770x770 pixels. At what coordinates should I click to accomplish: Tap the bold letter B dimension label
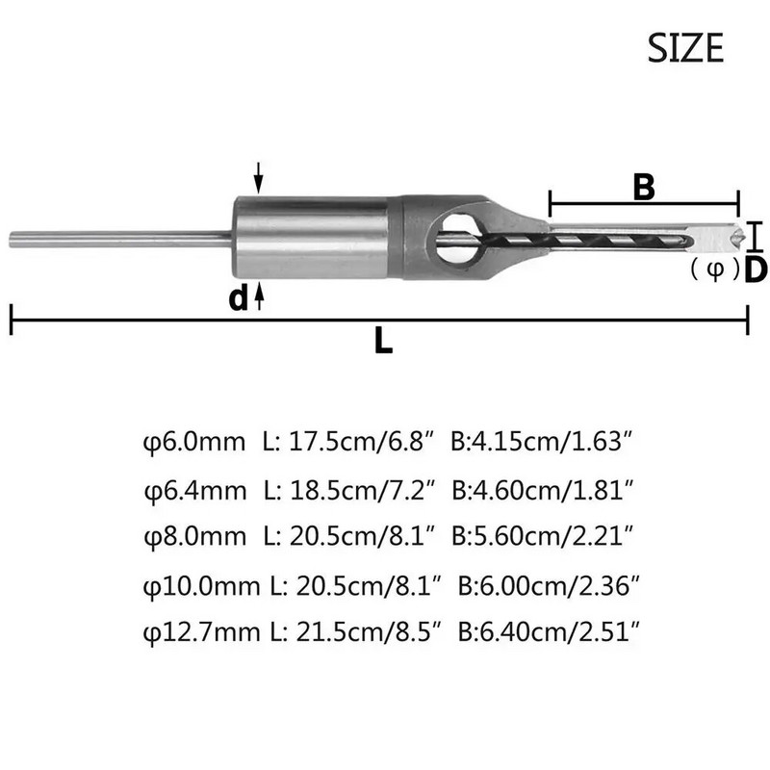(643, 187)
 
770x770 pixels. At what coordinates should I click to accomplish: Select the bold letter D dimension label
(756, 269)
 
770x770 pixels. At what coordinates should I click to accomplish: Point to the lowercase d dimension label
(237, 298)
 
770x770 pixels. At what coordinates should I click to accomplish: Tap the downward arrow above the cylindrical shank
(258, 177)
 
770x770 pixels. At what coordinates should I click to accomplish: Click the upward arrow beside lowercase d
(258, 297)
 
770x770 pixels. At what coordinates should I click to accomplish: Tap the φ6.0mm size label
(196, 443)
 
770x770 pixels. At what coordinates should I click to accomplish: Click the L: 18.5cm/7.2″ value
(353, 487)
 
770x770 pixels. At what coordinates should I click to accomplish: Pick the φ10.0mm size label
(201, 585)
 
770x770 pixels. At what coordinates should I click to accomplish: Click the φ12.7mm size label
(201, 630)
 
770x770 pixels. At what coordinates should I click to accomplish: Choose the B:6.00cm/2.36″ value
(549, 585)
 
